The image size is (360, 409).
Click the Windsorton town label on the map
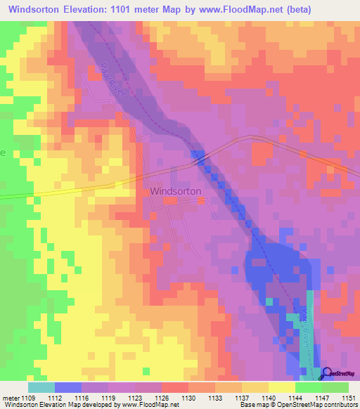175,190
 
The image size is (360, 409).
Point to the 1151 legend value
347,397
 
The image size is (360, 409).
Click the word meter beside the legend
9,397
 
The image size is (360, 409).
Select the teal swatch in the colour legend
41,387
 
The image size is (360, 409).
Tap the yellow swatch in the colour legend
281,387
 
